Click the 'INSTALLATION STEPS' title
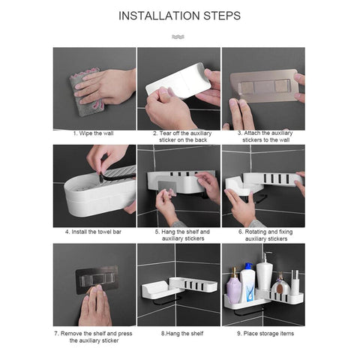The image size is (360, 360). pos(179,15)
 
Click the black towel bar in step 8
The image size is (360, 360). pos(167,299)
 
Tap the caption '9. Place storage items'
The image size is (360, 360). pos(263,329)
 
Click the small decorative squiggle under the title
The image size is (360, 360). pos(179,35)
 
